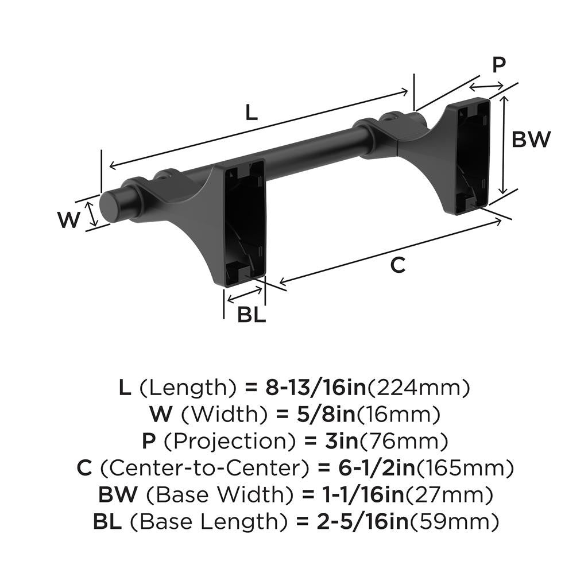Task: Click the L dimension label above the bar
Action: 251,113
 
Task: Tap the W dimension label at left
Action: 69,220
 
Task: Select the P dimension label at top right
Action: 499,65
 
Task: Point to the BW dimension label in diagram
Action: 531,140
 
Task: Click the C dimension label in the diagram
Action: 398,265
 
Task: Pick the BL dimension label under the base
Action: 252,315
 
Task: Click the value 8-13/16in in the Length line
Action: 315,388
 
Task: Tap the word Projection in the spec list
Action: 234,442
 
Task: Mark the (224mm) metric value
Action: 419,388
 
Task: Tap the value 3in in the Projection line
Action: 337,442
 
